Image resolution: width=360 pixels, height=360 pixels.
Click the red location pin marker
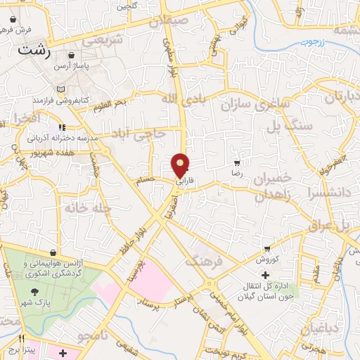[x=181, y=165]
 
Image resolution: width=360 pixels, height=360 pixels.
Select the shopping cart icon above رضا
[x=236, y=162]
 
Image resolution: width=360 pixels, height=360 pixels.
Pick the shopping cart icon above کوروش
[x=266, y=248]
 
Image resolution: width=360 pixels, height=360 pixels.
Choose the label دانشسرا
[x=330, y=189]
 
